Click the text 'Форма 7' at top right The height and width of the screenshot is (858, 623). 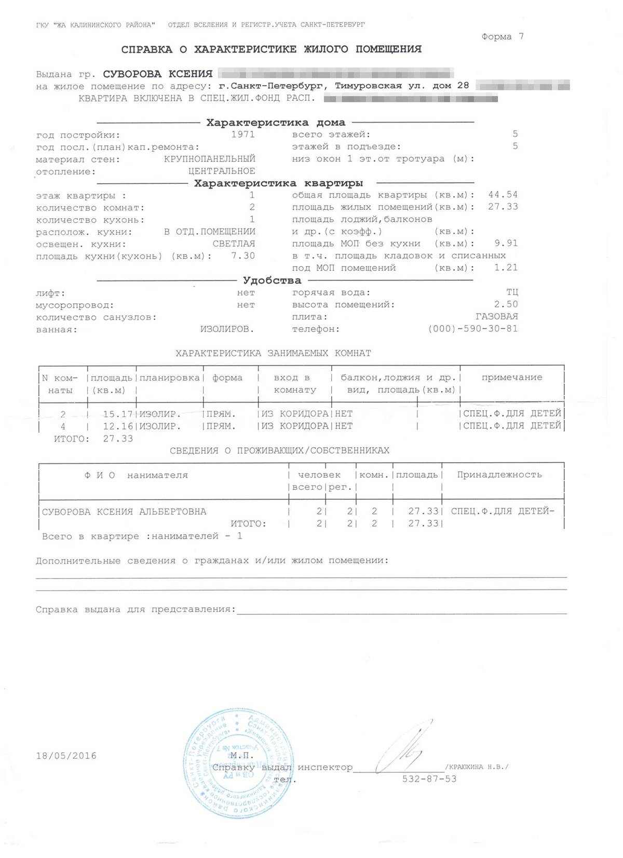point(502,36)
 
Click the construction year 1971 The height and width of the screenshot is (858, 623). point(242,134)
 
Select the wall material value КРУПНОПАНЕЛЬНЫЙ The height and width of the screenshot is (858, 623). point(209,159)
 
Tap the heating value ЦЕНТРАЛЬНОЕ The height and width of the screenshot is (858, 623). point(222,171)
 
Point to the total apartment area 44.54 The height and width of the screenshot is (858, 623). point(503,195)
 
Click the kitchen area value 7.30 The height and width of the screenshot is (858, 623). point(242,256)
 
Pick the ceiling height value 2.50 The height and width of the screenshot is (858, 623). point(506,304)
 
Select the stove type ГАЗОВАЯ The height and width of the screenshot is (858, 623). point(496,316)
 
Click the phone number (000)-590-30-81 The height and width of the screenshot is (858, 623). point(472,329)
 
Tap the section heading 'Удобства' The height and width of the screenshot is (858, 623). point(272,280)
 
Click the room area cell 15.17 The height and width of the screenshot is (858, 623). point(118,414)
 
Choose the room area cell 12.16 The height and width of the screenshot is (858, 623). point(118,426)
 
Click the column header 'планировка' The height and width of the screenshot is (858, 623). point(170,378)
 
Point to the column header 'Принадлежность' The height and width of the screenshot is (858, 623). point(499,475)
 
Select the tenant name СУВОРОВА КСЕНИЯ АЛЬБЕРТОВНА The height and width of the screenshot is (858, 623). point(124,512)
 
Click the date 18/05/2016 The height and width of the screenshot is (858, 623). point(66,756)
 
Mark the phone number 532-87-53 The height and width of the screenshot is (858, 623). point(429,779)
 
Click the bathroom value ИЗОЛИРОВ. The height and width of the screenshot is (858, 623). point(227,329)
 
